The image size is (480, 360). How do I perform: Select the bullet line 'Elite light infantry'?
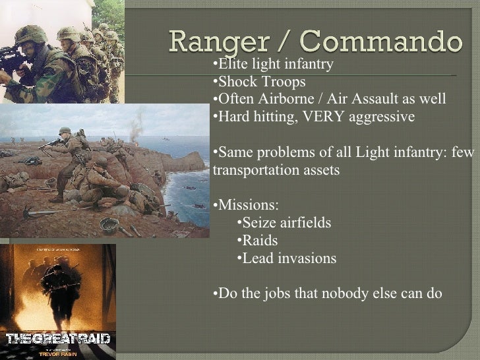tap(275, 65)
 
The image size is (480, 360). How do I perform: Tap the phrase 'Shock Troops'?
tap(261, 82)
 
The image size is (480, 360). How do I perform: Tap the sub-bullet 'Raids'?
tap(260, 241)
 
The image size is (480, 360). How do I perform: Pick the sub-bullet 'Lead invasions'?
tap(289, 258)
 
